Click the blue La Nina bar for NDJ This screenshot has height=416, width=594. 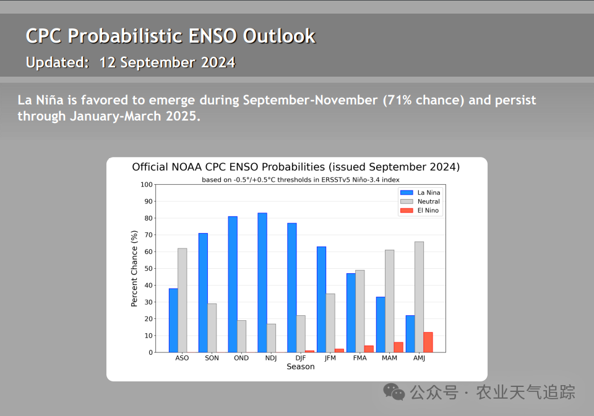(x=262, y=282)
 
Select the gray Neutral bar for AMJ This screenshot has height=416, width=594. (x=419, y=297)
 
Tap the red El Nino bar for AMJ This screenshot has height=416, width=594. (x=428, y=342)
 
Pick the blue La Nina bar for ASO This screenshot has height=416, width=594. (x=173, y=320)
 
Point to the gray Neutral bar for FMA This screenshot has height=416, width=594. (x=360, y=311)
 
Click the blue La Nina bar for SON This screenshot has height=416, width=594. (x=203, y=292)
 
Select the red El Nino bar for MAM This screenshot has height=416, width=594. (x=398, y=347)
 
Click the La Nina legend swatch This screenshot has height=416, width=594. (x=407, y=193)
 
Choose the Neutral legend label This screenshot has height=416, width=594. (x=428, y=202)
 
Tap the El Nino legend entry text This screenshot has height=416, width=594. (x=428, y=210)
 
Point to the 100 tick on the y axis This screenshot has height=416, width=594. (x=146, y=185)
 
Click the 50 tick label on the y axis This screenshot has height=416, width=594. (x=148, y=268)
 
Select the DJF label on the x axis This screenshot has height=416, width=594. (x=301, y=358)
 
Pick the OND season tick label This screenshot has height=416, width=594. (x=241, y=358)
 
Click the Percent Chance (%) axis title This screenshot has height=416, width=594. (x=134, y=268)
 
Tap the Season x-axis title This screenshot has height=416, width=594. (x=301, y=367)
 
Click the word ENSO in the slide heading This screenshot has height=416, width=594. (x=213, y=36)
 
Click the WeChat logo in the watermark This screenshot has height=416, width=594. (x=394, y=392)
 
